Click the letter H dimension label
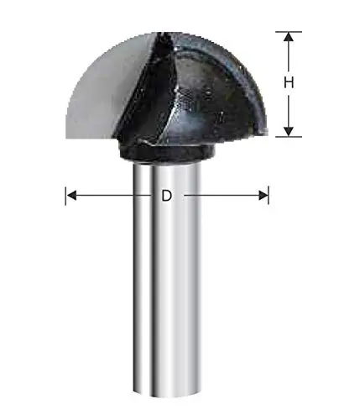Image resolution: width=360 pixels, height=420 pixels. tap(288, 83)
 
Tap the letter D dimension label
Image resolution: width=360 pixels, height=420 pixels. tap(166, 196)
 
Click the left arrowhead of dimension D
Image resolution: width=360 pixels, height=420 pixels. tap(71, 196)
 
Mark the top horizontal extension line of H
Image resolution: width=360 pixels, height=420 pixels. tap(288, 32)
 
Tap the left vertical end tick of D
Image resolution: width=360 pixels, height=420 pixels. tap(65, 196)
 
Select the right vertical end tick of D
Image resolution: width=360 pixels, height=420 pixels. tap(269, 196)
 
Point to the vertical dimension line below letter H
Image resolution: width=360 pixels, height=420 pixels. tap(288, 109)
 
